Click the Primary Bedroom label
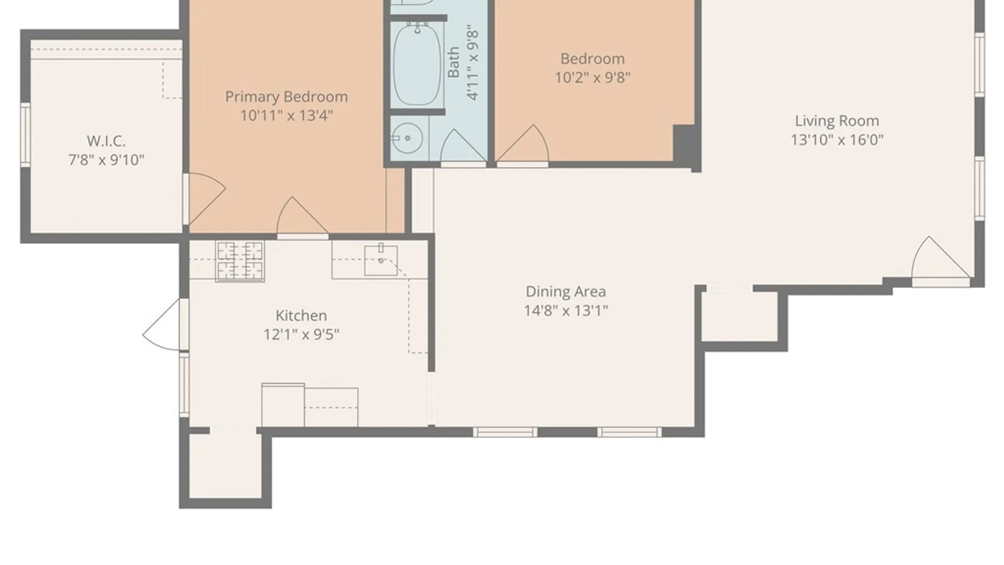[x=286, y=97]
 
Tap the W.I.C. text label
[x=106, y=141]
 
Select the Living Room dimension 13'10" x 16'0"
[x=837, y=140]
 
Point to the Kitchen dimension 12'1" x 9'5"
[x=301, y=334]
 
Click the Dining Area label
[x=566, y=291]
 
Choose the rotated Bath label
[x=453, y=62]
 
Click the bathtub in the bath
[x=417, y=64]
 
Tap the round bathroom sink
[x=407, y=138]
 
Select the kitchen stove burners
[x=240, y=261]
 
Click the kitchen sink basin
[x=381, y=260]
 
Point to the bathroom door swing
[x=463, y=147]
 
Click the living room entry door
[x=940, y=260]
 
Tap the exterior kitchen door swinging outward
[x=165, y=324]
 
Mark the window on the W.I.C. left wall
[x=25, y=134]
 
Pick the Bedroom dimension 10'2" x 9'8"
[x=592, y=77]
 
